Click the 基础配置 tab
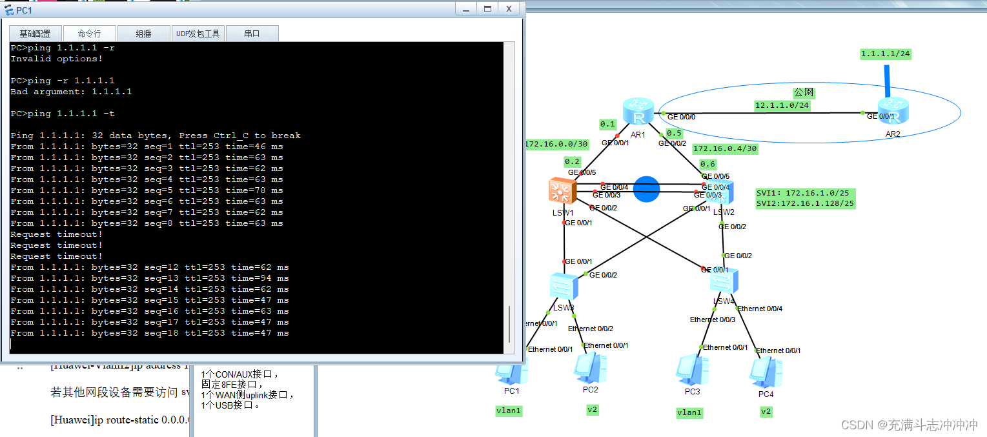(x=35, y=34)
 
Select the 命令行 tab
(x=90, y=34)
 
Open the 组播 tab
(x=143, y=34)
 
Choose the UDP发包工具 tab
(x=198, y=34)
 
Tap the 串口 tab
(x=252, y=34)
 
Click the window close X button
(x=509, y=8)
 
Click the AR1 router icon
(x=638, y=113)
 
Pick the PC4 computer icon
(x=766, y=372)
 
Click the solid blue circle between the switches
(x=646, y=188)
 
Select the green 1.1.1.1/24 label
(x=886, y=54)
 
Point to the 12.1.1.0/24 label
(x=782, y=105)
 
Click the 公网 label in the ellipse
(x=804, y=93)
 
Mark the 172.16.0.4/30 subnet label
(x=724, y=148)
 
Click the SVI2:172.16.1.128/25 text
(x=805, y=203)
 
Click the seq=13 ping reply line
(x=150, y=278)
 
